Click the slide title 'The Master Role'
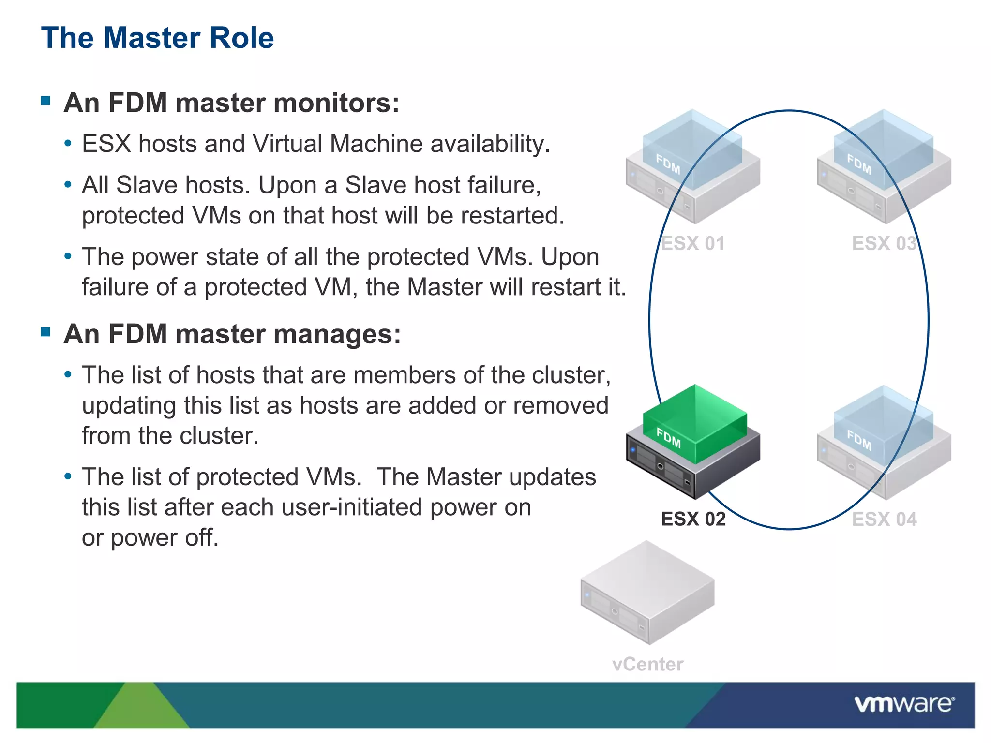click(157, 38)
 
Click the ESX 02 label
click(693, 519)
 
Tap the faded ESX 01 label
click(692, 243)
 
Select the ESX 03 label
click(884, 243)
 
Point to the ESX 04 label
click(884, 519)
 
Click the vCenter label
click(647, 664)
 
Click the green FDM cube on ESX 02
click(695, 424)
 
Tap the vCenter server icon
click(647, 593)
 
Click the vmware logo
click(904, 704)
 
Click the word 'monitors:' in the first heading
click(336, 103)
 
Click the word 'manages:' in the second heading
click(337, 334)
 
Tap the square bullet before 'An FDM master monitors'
click(46, 101)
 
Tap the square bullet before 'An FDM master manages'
click(46, 332)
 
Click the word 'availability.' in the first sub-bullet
click(490, 144)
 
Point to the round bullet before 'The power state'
click(68, 256)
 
